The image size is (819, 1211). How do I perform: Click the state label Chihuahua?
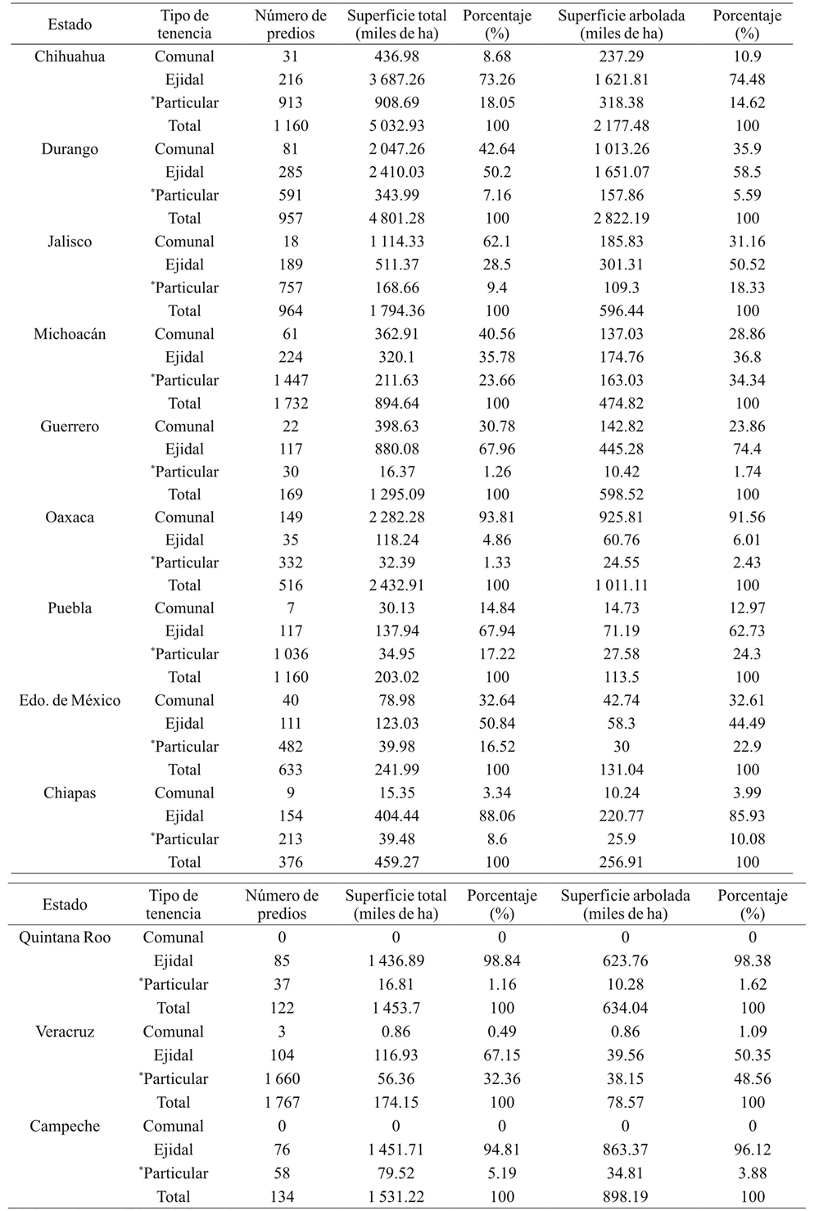[70, 56]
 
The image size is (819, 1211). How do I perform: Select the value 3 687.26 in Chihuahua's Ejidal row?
[397, 79]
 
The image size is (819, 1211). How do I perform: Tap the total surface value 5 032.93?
[397, 125]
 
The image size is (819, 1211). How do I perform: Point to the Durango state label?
[70, 149]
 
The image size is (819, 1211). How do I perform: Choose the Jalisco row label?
[70, 242]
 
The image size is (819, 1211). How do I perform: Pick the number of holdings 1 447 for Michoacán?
[290, 380]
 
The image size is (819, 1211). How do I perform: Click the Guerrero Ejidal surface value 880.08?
[397, 449]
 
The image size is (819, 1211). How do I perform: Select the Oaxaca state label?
[70, 517]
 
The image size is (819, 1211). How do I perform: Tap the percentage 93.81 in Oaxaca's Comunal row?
[497, 517]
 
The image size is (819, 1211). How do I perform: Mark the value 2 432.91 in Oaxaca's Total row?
[397, 585]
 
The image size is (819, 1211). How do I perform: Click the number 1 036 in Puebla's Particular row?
[290, 654]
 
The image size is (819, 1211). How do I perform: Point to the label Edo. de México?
[70, 701]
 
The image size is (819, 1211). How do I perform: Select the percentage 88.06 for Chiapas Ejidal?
[497, 816]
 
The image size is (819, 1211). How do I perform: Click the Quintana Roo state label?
[65, 938]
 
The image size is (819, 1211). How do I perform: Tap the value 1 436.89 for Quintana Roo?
[396, 961]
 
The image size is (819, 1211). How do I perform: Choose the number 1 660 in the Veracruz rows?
[282, 1079]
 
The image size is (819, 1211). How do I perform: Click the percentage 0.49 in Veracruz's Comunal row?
[502, 1033]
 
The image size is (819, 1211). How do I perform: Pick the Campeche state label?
[65, 1127]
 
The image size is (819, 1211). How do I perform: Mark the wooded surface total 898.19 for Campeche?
[625, 1197]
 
